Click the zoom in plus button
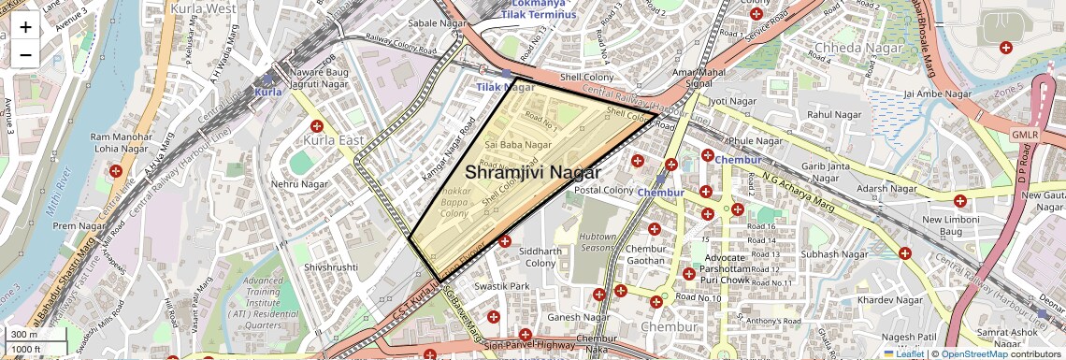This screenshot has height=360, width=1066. tap(25, 27)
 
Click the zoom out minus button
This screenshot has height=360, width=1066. tap(25, 54)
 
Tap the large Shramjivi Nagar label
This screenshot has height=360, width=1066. tap(532, 172)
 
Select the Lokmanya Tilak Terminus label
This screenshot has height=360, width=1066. tap(538, 9)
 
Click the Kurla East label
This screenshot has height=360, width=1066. tap(333, 139)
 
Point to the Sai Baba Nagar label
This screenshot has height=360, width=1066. tap(518, 145)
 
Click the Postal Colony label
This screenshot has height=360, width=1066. tap(604, 190)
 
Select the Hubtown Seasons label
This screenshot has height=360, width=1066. tap(598, 241)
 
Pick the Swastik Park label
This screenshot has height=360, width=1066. tap(501, 286)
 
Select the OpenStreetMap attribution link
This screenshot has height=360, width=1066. tap(974, 353)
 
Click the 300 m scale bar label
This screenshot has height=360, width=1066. tap(24, 335)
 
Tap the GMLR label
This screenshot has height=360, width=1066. tap(1025, 135)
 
